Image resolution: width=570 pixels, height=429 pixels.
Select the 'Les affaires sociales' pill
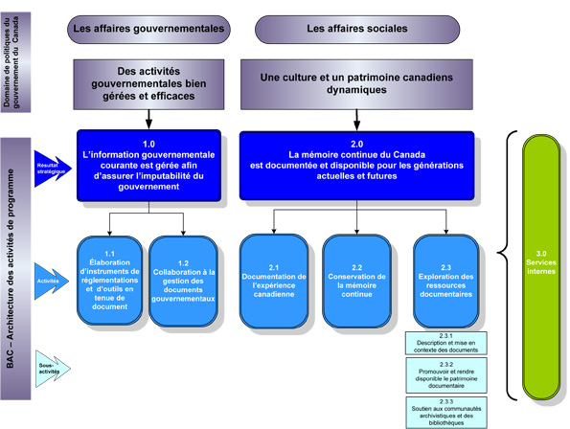pyautogui.click(x=353, y=29)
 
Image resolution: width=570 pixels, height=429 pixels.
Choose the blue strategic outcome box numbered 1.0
pyautogui.click(x=149, y=166)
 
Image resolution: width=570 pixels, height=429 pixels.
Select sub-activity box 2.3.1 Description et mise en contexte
pyautogui.click(x=445, y=344)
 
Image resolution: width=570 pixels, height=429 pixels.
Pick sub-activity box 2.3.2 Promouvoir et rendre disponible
pyautogui.click(x=445, y=376)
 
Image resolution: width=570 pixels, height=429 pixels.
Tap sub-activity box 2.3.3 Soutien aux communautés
pyautogui.click(x=445, y=410)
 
